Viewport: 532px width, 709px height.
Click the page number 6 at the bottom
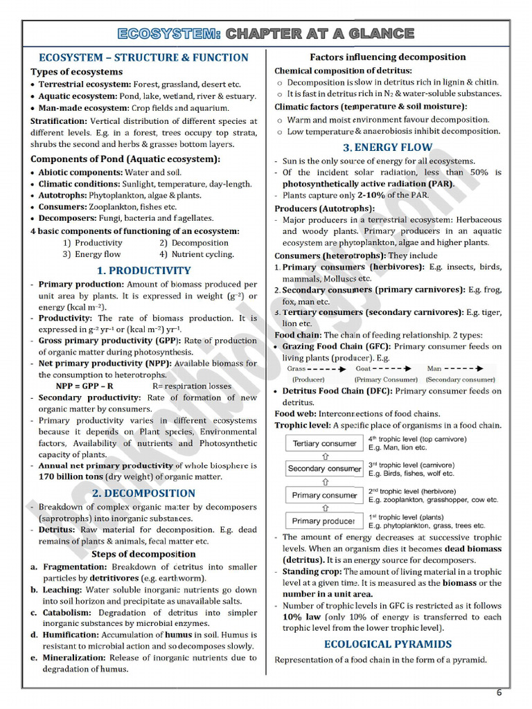coord(499,693)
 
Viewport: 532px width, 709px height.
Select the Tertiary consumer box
coord(324,443)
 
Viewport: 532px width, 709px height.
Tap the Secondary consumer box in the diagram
coord(324,469)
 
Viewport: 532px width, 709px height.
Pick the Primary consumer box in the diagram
coord(324,495)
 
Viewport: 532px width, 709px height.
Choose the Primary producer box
coord(324,521)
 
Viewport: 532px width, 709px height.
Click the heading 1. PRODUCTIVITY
coord(143,271)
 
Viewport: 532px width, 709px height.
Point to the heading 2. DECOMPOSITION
coord(143,493)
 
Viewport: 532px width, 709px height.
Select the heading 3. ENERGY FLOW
coord(387,147)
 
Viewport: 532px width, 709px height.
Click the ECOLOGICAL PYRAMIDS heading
coord(387,644)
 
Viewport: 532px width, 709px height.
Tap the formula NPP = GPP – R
coord(85,386)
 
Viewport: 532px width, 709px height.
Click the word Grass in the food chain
coord(296,369)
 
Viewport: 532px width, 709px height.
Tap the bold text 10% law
coord(301,616)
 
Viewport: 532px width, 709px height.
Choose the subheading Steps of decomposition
coord(143,554)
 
